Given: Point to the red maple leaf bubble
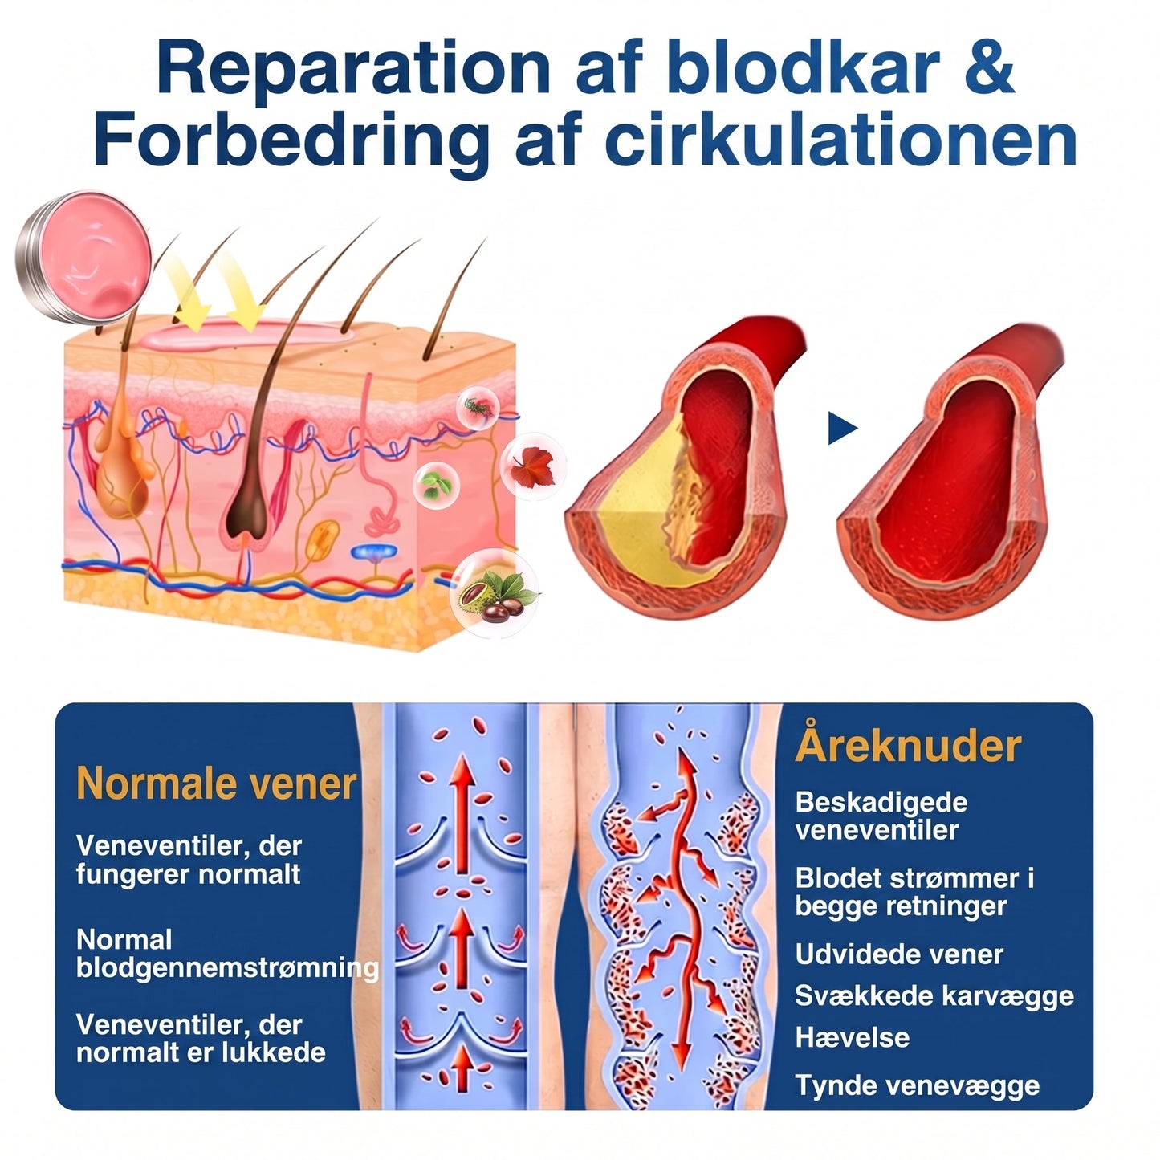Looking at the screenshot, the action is click(x=532, y=466).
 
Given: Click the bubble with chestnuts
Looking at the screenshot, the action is click(x=495, y=593).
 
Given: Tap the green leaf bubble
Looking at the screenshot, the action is click(x=436, y=485).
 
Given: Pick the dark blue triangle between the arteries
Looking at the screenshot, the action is click(x=841, y=428).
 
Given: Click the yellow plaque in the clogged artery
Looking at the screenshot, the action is click(x=638, y=511).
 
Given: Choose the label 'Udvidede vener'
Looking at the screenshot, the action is click(x=899, y=954).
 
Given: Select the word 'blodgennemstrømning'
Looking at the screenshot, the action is click(x=227, y=969).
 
